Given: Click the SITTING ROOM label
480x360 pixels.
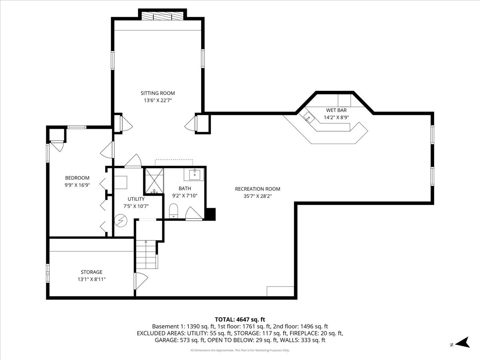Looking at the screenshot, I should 158,93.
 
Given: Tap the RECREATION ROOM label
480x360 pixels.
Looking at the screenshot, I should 257,189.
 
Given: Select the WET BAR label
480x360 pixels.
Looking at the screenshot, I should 336,110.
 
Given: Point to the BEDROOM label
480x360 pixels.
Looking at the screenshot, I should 77,178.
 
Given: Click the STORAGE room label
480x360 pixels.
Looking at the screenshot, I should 91,272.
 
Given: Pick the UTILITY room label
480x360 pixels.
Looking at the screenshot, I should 136,199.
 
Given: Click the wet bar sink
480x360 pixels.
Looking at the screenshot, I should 308,117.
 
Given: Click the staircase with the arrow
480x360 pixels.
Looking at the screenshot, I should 146,255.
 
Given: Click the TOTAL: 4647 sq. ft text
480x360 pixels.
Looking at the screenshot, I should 240,319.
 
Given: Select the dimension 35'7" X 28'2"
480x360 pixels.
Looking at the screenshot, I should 257,196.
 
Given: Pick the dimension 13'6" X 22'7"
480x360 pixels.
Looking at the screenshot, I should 158,100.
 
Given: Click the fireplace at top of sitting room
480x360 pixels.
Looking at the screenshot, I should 162,15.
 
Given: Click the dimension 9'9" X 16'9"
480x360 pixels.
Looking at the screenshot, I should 77,185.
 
